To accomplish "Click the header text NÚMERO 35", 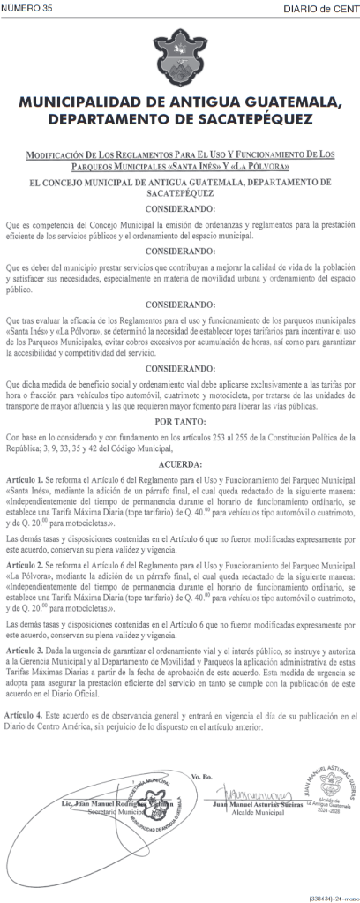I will (x=26, y=8).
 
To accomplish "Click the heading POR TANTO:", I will (x=180, y=422).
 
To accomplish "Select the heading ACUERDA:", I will (x=180, y=464).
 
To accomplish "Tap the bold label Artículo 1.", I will (x=26, y=478).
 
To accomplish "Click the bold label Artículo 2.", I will (x=26, y=562).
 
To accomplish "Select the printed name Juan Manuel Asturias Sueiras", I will (x=255, y=808).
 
